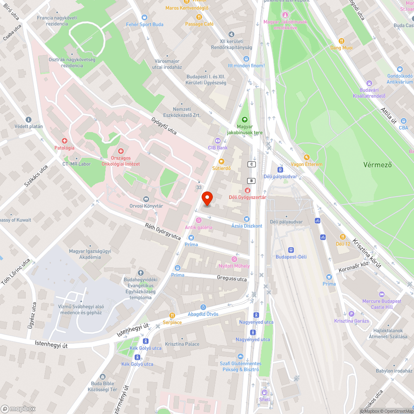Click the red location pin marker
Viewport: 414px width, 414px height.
pyautogui.click(x=207, y=198)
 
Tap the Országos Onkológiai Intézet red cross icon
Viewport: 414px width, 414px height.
pyautogui.click(x=121, y=152)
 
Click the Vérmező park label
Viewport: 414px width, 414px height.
pyautogui.click(x=377, y=164)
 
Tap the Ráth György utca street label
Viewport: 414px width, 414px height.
pyautogui.click(x=163, y=231)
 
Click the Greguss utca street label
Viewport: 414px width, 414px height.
pyautogui.click(x=232, y=279)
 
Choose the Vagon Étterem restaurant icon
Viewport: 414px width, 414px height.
pyautogui.click(x=306, y=157)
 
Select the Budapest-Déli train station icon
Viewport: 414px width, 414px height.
pyautogui.click(x=291, y=250)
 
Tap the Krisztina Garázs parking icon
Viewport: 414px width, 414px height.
pyautogui.click(x=351, y=314)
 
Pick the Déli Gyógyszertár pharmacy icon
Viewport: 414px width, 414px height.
pyautogui.click(x=247, y=190)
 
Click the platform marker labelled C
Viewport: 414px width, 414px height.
pyautogui.click(x=251, y=164)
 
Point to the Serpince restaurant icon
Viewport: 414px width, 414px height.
pyautogui.click(x=172, y=315)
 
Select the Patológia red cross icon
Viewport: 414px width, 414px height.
pyautogui.click(x=64, y=141)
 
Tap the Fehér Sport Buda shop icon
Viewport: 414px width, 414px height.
pyautogui.click(x=144, y=17)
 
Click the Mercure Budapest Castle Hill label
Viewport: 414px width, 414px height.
pyautogui.click(x=381, y=304)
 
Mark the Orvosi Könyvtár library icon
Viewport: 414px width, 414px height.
pyautogui.click(x=146, y=199)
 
